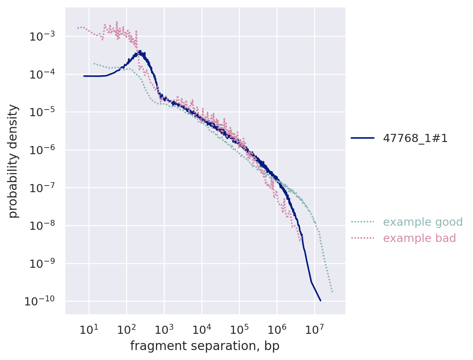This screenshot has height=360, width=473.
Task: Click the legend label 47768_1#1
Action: (x=415, y=138)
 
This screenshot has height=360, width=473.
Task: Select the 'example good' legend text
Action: (x=422, y=222)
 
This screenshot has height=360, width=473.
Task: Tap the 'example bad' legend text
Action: (x=419, y=238)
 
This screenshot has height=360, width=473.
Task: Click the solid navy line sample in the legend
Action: (x=362, y=138)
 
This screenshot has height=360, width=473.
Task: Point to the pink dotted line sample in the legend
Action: (x=362, y=238)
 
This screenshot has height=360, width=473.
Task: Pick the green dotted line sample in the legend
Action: (x=362, y=222)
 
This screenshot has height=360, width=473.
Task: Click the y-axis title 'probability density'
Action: (x=13, y=161)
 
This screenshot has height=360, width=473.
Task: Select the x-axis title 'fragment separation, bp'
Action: (x=205, y=346)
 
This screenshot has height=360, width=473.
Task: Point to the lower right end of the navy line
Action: (x=320, y=301)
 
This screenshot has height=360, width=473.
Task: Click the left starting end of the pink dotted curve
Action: (x=78, y=28)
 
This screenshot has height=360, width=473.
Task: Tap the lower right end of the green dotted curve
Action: (x=333, y=292)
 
